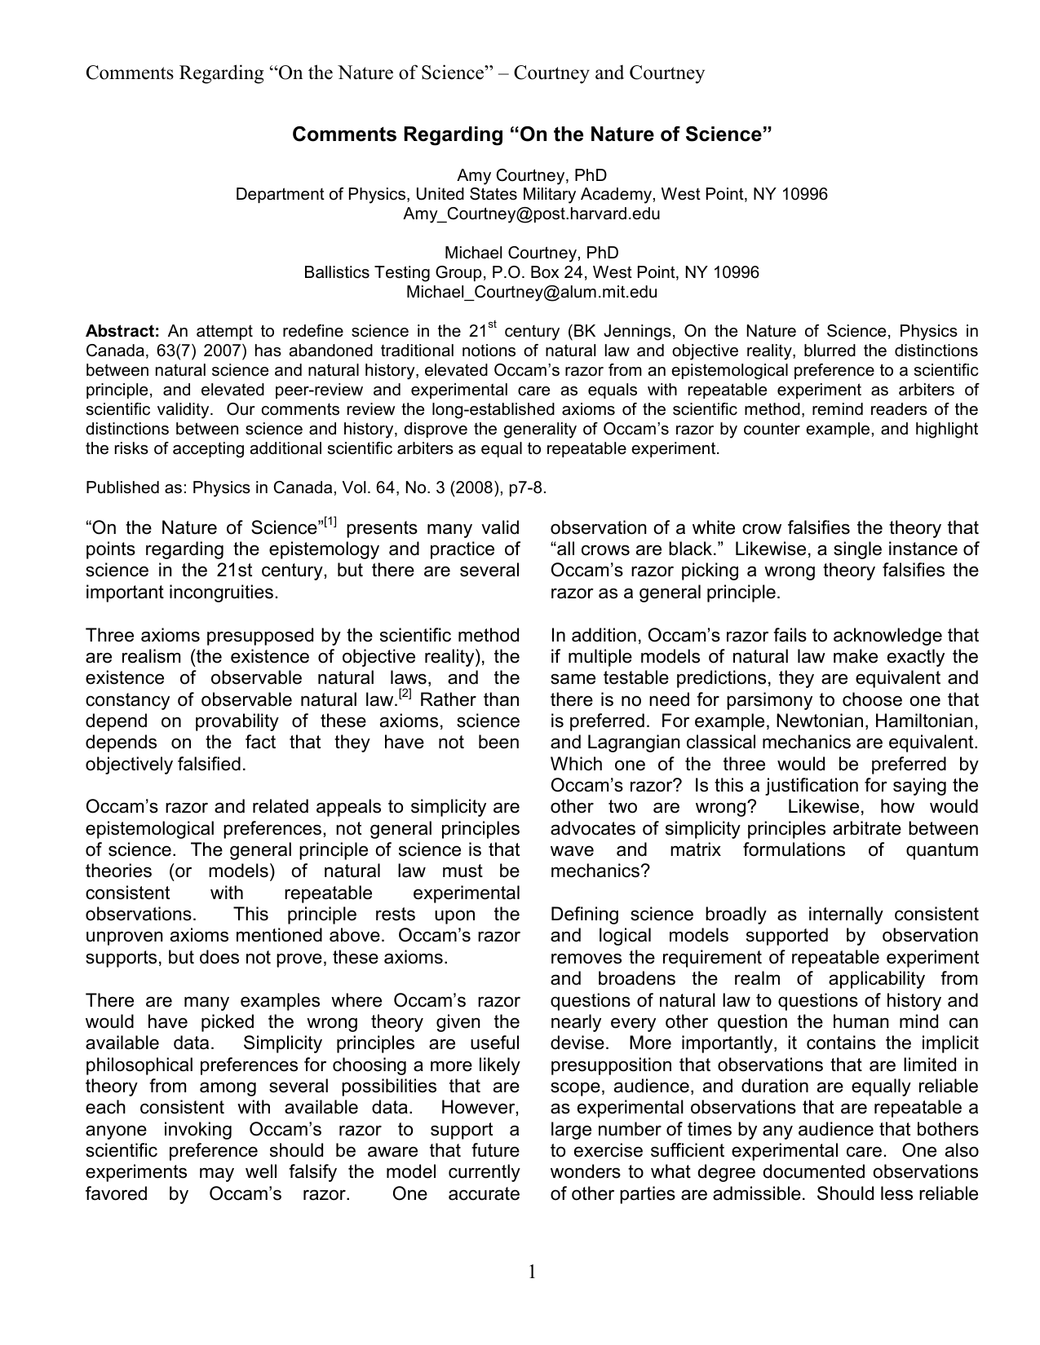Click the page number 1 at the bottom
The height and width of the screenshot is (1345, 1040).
point(532,1272)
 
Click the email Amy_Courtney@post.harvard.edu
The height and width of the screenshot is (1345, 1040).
point(531,214)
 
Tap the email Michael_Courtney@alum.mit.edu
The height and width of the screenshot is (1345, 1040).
point(531,293)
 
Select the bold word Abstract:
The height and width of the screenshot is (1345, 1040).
point(123,332)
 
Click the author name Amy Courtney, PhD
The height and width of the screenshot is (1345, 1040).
point(531,175)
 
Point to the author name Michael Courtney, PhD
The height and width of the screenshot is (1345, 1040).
point(531,254)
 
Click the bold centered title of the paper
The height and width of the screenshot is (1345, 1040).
point(531,134)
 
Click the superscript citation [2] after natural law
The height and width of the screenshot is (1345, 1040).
point(404,695)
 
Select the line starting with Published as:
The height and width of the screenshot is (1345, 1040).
point(316,487)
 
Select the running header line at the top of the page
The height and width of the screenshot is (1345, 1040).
point(396,73)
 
